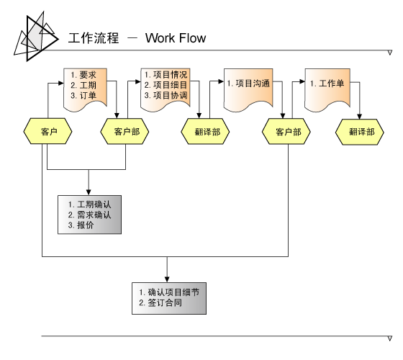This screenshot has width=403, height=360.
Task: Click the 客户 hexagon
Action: (47, 131)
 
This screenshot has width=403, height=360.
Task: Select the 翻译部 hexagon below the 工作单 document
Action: (360, 132)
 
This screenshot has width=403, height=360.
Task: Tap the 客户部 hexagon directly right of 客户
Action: (124, 131)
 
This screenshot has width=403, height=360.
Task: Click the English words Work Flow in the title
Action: (176, 38)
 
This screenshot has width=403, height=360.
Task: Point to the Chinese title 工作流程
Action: (94, 38)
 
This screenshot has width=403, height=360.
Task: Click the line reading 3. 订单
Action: (83, 96)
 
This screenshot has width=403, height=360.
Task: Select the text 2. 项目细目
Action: (166, 85)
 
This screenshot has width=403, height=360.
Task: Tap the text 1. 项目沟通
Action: (248, 84)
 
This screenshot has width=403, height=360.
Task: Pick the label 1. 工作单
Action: (327, 84)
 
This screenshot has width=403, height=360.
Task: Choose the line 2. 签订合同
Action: (160, 302)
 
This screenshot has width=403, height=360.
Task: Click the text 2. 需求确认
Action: (89, 215)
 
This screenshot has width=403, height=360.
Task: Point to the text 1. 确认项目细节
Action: (169, 292)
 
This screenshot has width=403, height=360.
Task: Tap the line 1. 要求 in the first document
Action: (83, 75)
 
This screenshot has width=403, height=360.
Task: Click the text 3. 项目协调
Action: (166, 95)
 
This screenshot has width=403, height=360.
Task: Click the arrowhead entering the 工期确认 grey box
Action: (89, 192)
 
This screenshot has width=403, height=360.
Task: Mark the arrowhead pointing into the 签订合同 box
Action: (167, 279)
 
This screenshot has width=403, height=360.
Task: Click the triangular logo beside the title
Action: (36, 37)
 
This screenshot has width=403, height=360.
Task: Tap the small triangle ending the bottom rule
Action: (390, 338)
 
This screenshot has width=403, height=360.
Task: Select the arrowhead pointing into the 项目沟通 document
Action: (221, 81)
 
